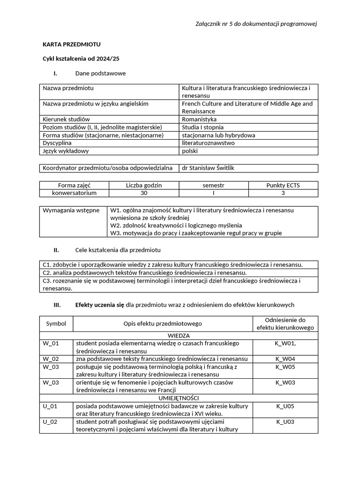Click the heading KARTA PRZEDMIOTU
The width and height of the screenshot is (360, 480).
(x=71, y=45)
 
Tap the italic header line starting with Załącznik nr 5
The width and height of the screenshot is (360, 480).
(x=256, y=24)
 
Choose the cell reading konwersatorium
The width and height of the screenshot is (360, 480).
(x=74, y=193)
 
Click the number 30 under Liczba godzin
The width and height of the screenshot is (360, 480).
(x=143, y=193)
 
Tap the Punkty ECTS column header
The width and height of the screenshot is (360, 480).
(x=283, y=185)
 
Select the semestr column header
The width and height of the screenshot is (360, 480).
(x=213, y=185)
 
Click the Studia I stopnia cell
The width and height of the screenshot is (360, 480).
(x=202, y=127)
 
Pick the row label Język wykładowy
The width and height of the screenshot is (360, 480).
(x=66, y=151)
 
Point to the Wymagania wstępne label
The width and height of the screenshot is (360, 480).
(x=71, y=210)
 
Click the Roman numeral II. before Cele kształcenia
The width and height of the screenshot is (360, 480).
(x=56, y=250)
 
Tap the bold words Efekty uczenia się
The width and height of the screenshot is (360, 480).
(x=99, y=305)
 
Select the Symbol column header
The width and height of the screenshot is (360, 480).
(x=56, y=323)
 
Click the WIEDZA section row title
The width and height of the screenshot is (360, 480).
(x=178, y=336)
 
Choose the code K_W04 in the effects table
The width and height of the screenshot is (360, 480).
(x=285, y=359)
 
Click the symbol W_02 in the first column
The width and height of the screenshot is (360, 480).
(x=50, y=359)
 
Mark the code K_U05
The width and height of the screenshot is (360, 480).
(x=285, y=406)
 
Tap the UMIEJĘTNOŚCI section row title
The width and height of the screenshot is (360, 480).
(x=178, y=398)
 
